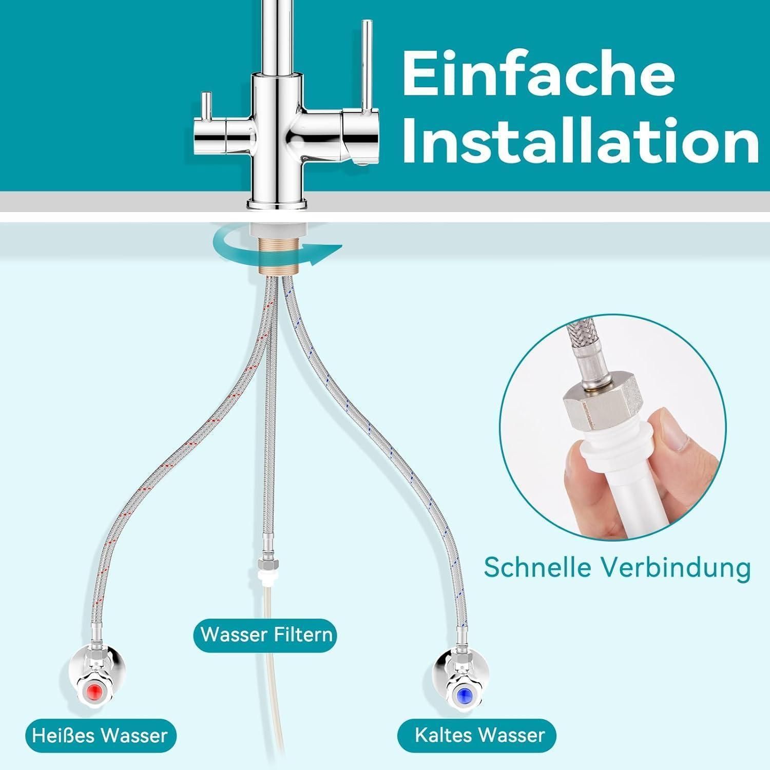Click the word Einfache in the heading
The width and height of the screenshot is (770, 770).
click(538, 74)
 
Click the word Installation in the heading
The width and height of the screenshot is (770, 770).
click(581, 138)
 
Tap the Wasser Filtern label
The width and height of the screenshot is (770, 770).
click(266, 634)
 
